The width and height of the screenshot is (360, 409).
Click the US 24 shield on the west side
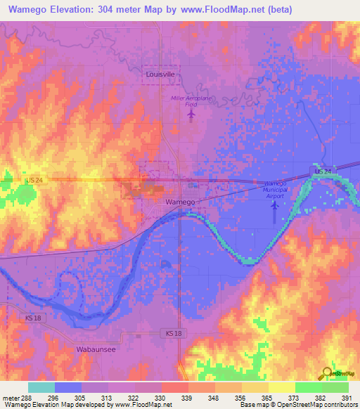pyautogui.click(x=33, y=181)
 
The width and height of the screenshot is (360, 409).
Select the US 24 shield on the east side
pyautogui.click(x=323, y=172)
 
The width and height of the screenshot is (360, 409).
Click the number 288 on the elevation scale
pyautogui.click(x=27, y=398)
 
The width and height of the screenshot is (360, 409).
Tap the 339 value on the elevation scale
pyautogui.click(x=187, y=398)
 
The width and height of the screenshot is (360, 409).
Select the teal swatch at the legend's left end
pyautogui.click(x=41, y=387)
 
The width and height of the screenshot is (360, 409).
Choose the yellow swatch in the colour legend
pyautogui.click(x=281, y=387)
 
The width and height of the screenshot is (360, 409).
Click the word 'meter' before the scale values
pyautogui.click(x=11, y=398)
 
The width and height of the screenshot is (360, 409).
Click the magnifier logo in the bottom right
pyautogui.click(x=328, y=373)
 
